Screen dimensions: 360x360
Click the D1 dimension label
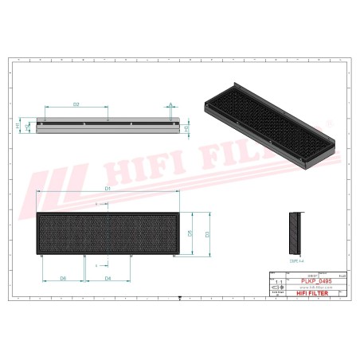[107, 187]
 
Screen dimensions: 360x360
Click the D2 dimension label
[76, 104]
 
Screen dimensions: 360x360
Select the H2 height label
[28, 126]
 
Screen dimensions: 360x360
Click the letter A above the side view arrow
[170, 104]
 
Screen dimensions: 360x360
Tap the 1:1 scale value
[277, 281]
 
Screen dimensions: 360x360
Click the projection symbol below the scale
[277, 288]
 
